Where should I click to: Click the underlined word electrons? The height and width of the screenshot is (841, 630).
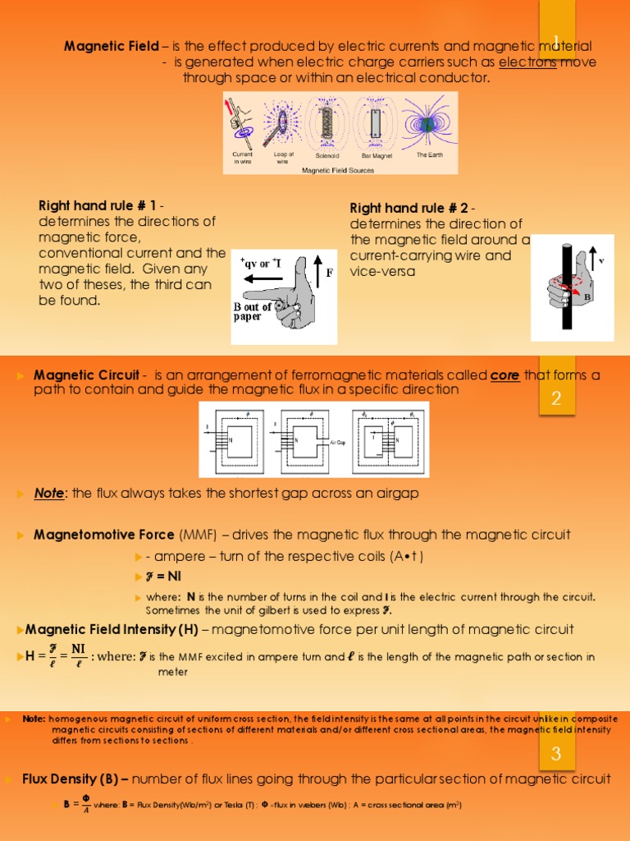[527, 62]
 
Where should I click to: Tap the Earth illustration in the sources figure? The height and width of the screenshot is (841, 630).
[427, 124]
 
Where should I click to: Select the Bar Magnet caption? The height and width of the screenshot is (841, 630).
[377, 155]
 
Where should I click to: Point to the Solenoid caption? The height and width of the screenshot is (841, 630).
[327, 155]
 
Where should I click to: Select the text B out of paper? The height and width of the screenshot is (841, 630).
[253, 311]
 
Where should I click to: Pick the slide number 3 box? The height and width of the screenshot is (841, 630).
[555, 754]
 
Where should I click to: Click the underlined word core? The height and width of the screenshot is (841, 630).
[504, 375]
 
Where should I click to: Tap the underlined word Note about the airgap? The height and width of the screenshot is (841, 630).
[49, 494]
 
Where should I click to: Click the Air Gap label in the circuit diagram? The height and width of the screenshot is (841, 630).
[338, 442]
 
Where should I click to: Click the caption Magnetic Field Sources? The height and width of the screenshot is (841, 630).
[338, 170]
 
